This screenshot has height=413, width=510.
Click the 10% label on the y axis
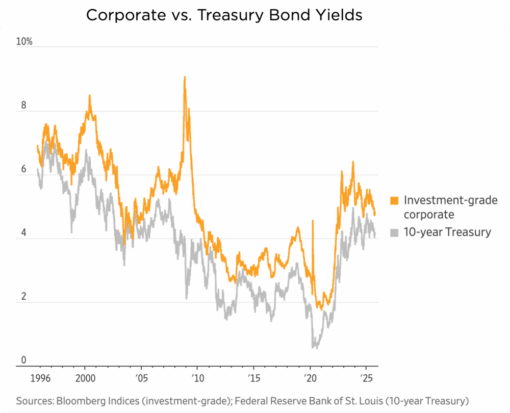[24, 42]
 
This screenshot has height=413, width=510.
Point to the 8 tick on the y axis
[20, 106]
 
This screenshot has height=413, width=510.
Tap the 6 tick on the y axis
[20, 169]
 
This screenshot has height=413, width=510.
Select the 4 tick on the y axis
[20, 233]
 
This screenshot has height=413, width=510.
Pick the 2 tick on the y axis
[20, 297]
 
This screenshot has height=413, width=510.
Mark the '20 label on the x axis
[310, 378]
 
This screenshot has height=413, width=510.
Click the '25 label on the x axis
[366, 378]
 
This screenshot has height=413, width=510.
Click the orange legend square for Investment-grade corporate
[394, 200]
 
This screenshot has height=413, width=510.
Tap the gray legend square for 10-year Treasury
[394, 233]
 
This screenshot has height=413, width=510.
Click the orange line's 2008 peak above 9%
[185, 78]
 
